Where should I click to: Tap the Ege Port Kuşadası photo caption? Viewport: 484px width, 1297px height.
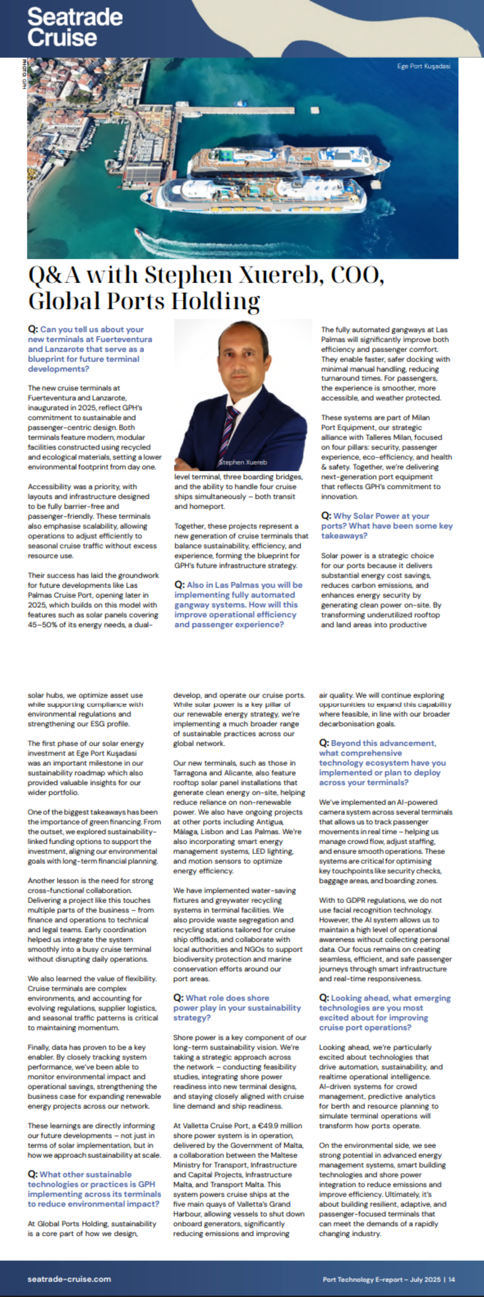coord(424,66)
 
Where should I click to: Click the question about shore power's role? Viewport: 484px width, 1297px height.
coord(237,1007)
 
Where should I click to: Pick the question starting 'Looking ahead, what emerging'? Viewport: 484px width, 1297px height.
coord(384,1013)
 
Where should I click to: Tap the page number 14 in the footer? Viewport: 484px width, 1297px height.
coord(452,1279)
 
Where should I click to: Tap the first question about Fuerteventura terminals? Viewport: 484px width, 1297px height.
coord(90,349)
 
